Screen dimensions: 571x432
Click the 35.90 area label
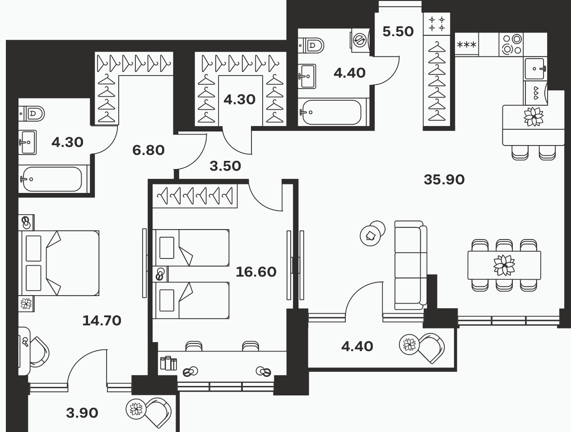pos(444,180)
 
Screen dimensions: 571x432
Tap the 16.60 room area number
pos(256,272)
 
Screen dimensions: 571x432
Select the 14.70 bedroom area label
pos(102,320)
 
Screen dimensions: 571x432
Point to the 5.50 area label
pos(398,32)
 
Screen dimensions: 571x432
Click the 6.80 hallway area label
pos(148,150)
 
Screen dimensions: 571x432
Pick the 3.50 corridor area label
pos(225,166)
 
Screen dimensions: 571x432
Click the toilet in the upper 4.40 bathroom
pos(311,45)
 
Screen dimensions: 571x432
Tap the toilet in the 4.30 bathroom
pos(32,113)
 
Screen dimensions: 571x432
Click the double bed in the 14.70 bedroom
pos(59,263)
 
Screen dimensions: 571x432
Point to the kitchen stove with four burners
pos(511,44)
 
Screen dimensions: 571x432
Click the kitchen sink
pos(535,69)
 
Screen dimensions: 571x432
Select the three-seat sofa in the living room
pos(411,265)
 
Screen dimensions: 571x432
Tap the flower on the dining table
pos(504,265)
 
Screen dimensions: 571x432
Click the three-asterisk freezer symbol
pos(466,45)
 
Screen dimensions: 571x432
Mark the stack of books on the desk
pos(168,363)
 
